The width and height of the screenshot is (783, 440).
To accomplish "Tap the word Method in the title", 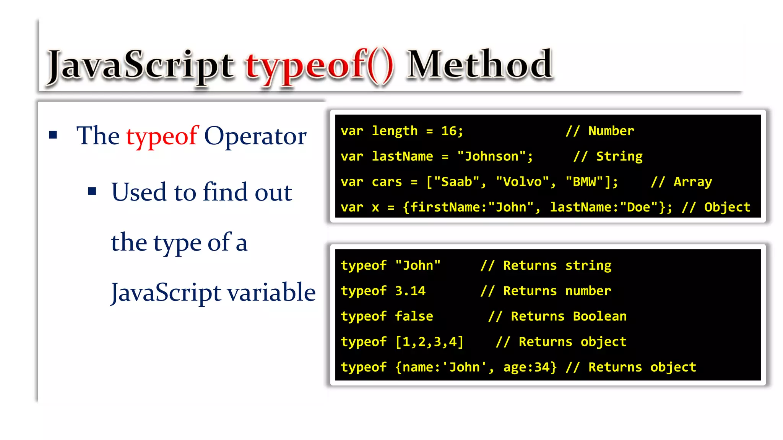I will point(479,65).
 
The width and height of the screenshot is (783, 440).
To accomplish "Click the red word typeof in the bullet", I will point(162,136).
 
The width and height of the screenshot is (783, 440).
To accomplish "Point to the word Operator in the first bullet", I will point(255,136).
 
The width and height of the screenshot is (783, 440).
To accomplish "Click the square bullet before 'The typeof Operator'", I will point(53,135).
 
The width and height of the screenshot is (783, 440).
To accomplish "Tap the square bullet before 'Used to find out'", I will point(92,191).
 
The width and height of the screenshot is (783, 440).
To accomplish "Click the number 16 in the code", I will point(448,131).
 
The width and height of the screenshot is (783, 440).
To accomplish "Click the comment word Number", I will point(611,131).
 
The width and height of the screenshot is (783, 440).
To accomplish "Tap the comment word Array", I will point(692,182).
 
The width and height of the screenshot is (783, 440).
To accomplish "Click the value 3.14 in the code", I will point(410,291).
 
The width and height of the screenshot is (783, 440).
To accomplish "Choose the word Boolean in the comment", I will point(599,316).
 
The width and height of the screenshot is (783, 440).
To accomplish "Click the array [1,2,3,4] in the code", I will point(429,342).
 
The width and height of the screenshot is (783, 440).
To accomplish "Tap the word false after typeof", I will point(414,316).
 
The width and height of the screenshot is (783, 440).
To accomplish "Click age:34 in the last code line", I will point(530,367).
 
